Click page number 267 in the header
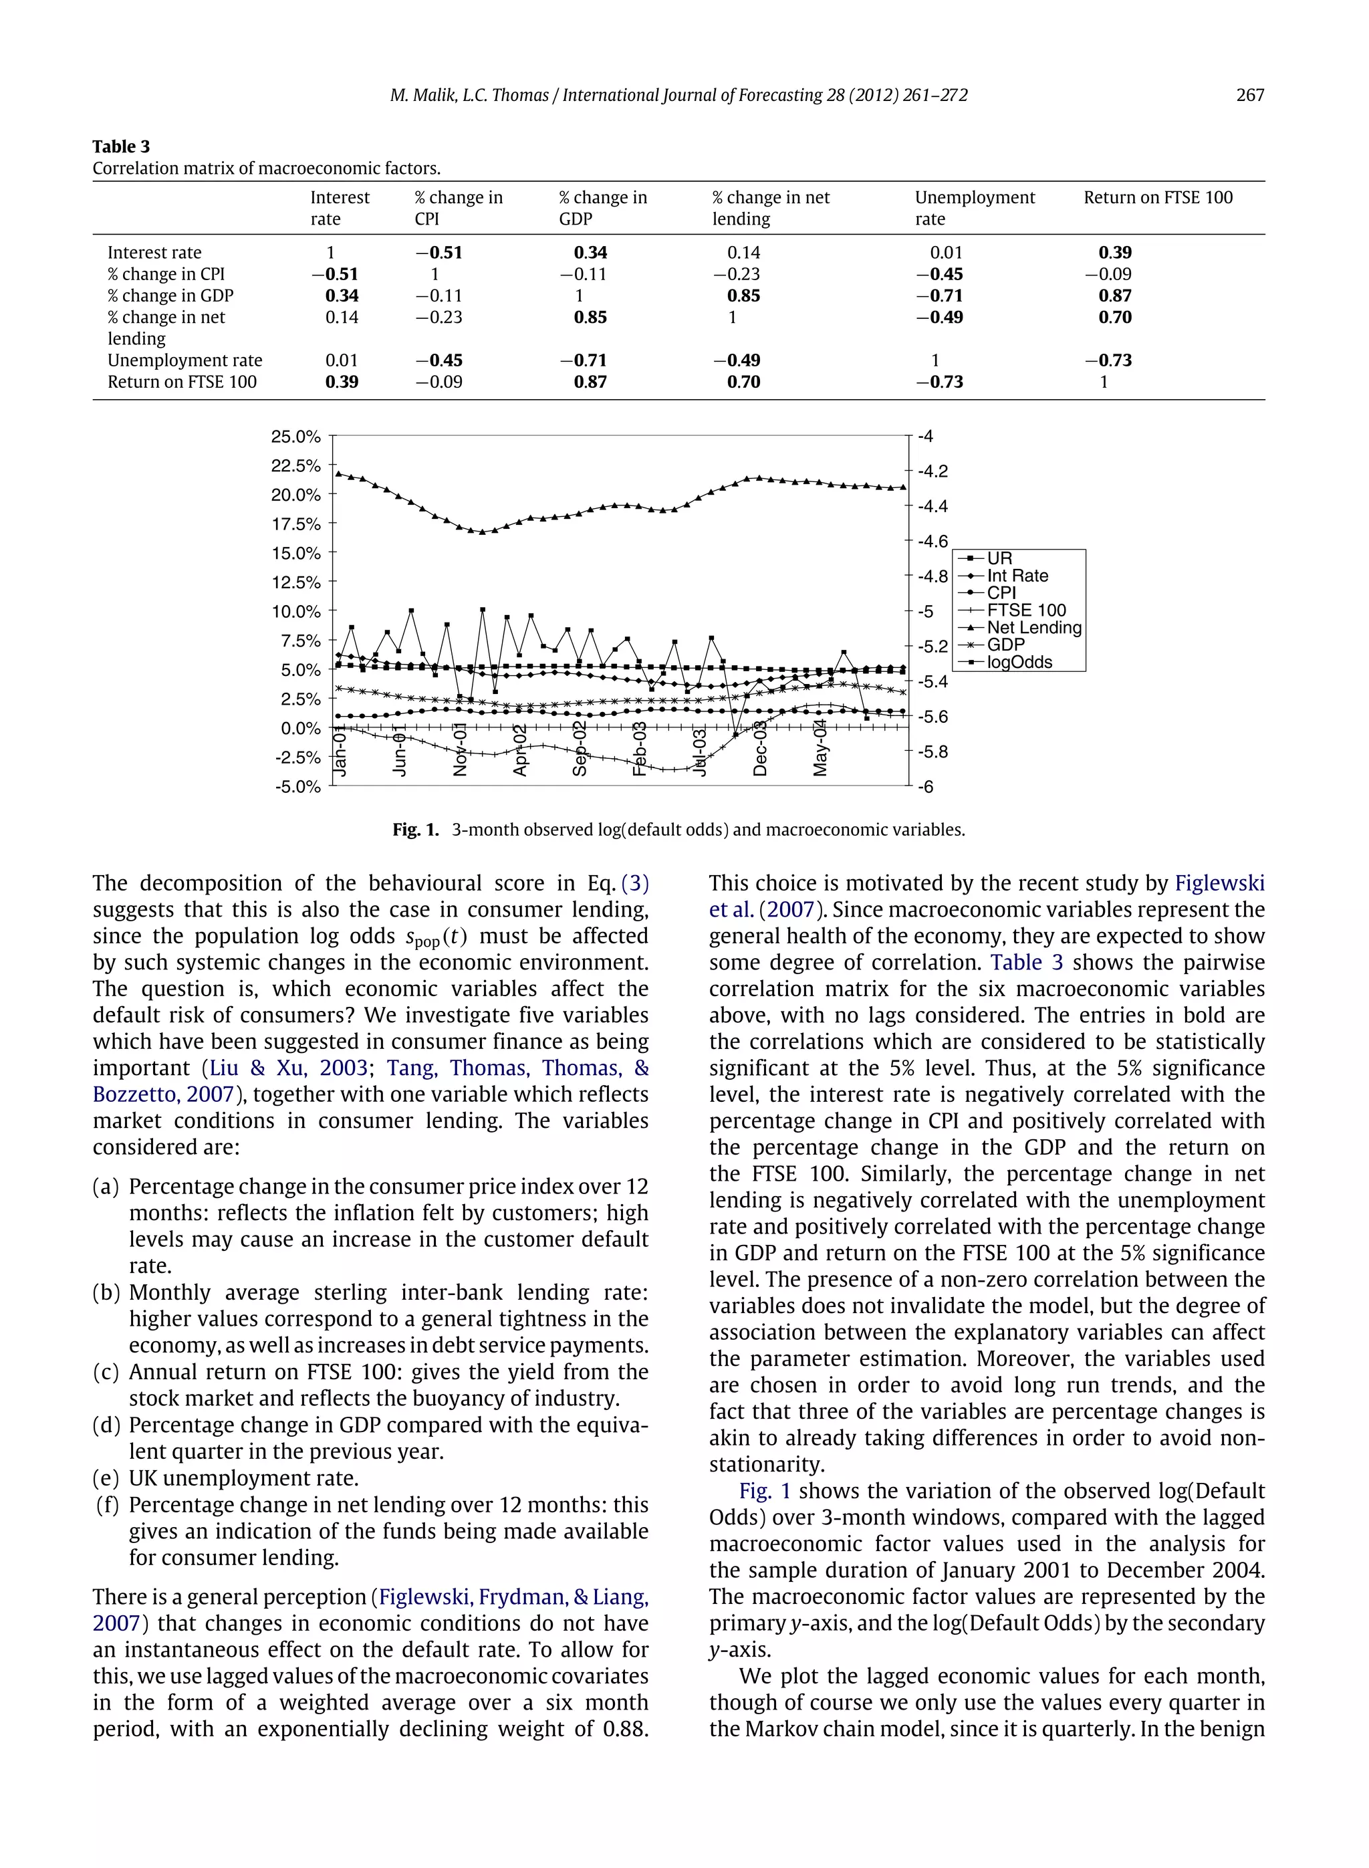1249,96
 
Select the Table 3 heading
121,146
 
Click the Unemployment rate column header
975,208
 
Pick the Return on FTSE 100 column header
1158,197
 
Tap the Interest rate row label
154,253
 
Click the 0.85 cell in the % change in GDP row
743,296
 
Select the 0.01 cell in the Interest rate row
946,253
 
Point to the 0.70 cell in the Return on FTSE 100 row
743,382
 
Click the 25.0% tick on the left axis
295,437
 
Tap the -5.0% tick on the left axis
297,786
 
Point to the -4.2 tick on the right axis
932,471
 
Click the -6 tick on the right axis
926,786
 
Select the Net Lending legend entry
1033,627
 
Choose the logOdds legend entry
1019,662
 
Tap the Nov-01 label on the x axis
461,750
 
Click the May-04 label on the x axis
820,748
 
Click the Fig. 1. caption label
415,830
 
